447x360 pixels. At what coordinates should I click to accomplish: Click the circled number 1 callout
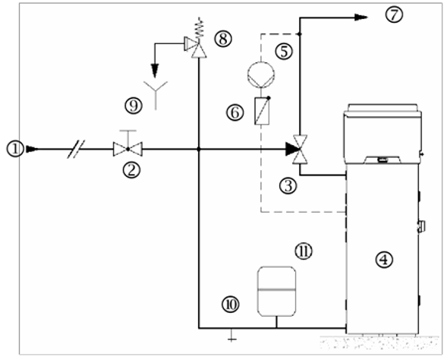tap(15, 149)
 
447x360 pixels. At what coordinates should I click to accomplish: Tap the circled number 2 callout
tap(131, 170)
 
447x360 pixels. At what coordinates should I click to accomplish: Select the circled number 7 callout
tap(395, 15)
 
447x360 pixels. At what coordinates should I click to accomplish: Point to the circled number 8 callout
tap(223, 39)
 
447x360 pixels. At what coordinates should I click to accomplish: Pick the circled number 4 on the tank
tap(384, 260)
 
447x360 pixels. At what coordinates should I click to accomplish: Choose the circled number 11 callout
tap(304, 251)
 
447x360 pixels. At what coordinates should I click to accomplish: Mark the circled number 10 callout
tap(231, 305)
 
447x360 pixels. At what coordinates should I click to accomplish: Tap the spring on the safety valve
tap(200, 27)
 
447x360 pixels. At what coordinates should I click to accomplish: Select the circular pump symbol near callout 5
tap(261, 75)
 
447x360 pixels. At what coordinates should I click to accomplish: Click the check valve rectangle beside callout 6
tap(262, 111)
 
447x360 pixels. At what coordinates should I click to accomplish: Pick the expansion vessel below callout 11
tap(276, 292)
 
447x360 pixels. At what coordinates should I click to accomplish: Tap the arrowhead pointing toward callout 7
tap(361, 17)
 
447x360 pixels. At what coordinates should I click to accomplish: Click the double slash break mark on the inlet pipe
tap(77, 149)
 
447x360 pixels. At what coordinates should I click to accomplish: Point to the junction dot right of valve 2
tap(199, 149)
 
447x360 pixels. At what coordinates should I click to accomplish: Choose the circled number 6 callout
tap(235, 112)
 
